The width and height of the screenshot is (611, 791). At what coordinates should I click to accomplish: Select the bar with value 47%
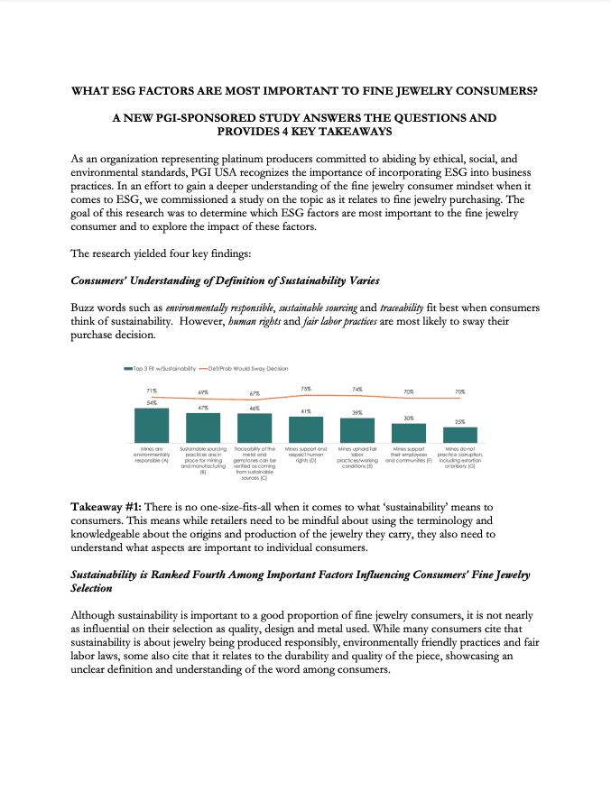[203, 428]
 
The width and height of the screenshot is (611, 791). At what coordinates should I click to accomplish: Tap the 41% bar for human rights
[306, 429]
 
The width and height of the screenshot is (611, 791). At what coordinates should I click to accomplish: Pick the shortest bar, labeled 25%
[459, 434]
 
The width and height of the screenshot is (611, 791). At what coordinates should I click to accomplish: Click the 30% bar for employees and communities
[408, 432]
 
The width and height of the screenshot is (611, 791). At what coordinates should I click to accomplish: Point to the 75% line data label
[306, 388]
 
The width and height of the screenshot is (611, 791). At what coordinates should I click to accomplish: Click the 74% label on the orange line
[357, 389]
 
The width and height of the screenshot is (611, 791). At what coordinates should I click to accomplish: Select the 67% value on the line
[255, 394]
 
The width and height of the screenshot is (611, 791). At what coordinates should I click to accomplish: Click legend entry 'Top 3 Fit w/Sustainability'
[159, 368]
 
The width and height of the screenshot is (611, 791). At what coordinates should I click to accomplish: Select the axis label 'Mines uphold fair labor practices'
[356, 457]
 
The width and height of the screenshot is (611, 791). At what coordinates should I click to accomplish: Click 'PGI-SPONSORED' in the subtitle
[208, 117]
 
